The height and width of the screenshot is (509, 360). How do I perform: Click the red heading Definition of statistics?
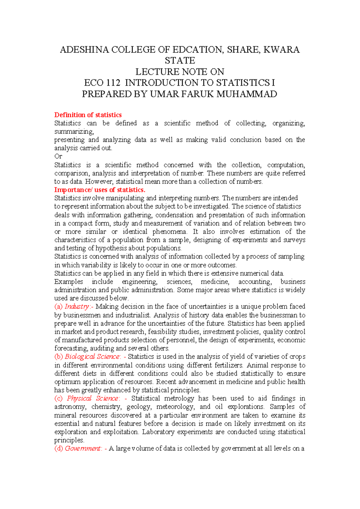pos(88,115)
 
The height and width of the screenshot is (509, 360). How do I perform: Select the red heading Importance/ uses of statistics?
pos(100,190)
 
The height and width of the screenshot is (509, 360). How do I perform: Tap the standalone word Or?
pos(58,156)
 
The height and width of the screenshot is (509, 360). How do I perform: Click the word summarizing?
pos(74,132)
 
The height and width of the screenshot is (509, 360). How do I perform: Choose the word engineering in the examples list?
pos(139,282)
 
